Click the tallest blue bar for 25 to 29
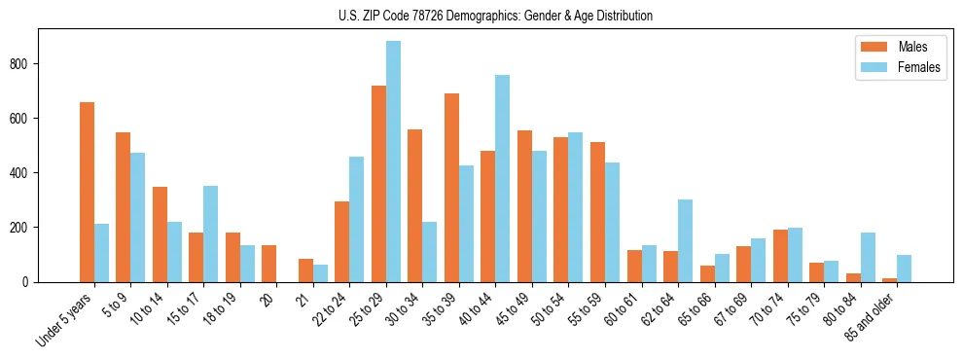coord(393,162)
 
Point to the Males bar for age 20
coord(269,264)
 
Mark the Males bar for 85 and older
coord(889,280)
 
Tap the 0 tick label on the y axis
coord(29,282)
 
